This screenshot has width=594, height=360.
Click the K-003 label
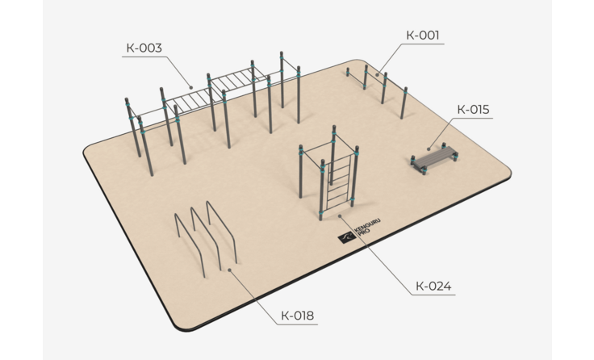point(144,48)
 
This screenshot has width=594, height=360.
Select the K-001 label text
point(423,36)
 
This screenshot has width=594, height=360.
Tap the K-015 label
point(473,110)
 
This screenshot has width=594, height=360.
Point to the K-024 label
point(433,286)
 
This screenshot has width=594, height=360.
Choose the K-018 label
point(297,316)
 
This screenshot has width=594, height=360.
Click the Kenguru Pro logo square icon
point(346,237)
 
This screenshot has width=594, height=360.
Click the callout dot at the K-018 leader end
point(229,270)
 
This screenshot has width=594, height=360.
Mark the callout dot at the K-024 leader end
point(340,216)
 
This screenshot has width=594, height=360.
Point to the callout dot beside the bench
point(429,149)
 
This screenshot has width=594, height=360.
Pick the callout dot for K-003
point(191,87)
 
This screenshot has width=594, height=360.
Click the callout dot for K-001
point(378,74)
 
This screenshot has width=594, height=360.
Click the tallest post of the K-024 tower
point(333,155)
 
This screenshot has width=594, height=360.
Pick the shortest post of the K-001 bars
point(348,72)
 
